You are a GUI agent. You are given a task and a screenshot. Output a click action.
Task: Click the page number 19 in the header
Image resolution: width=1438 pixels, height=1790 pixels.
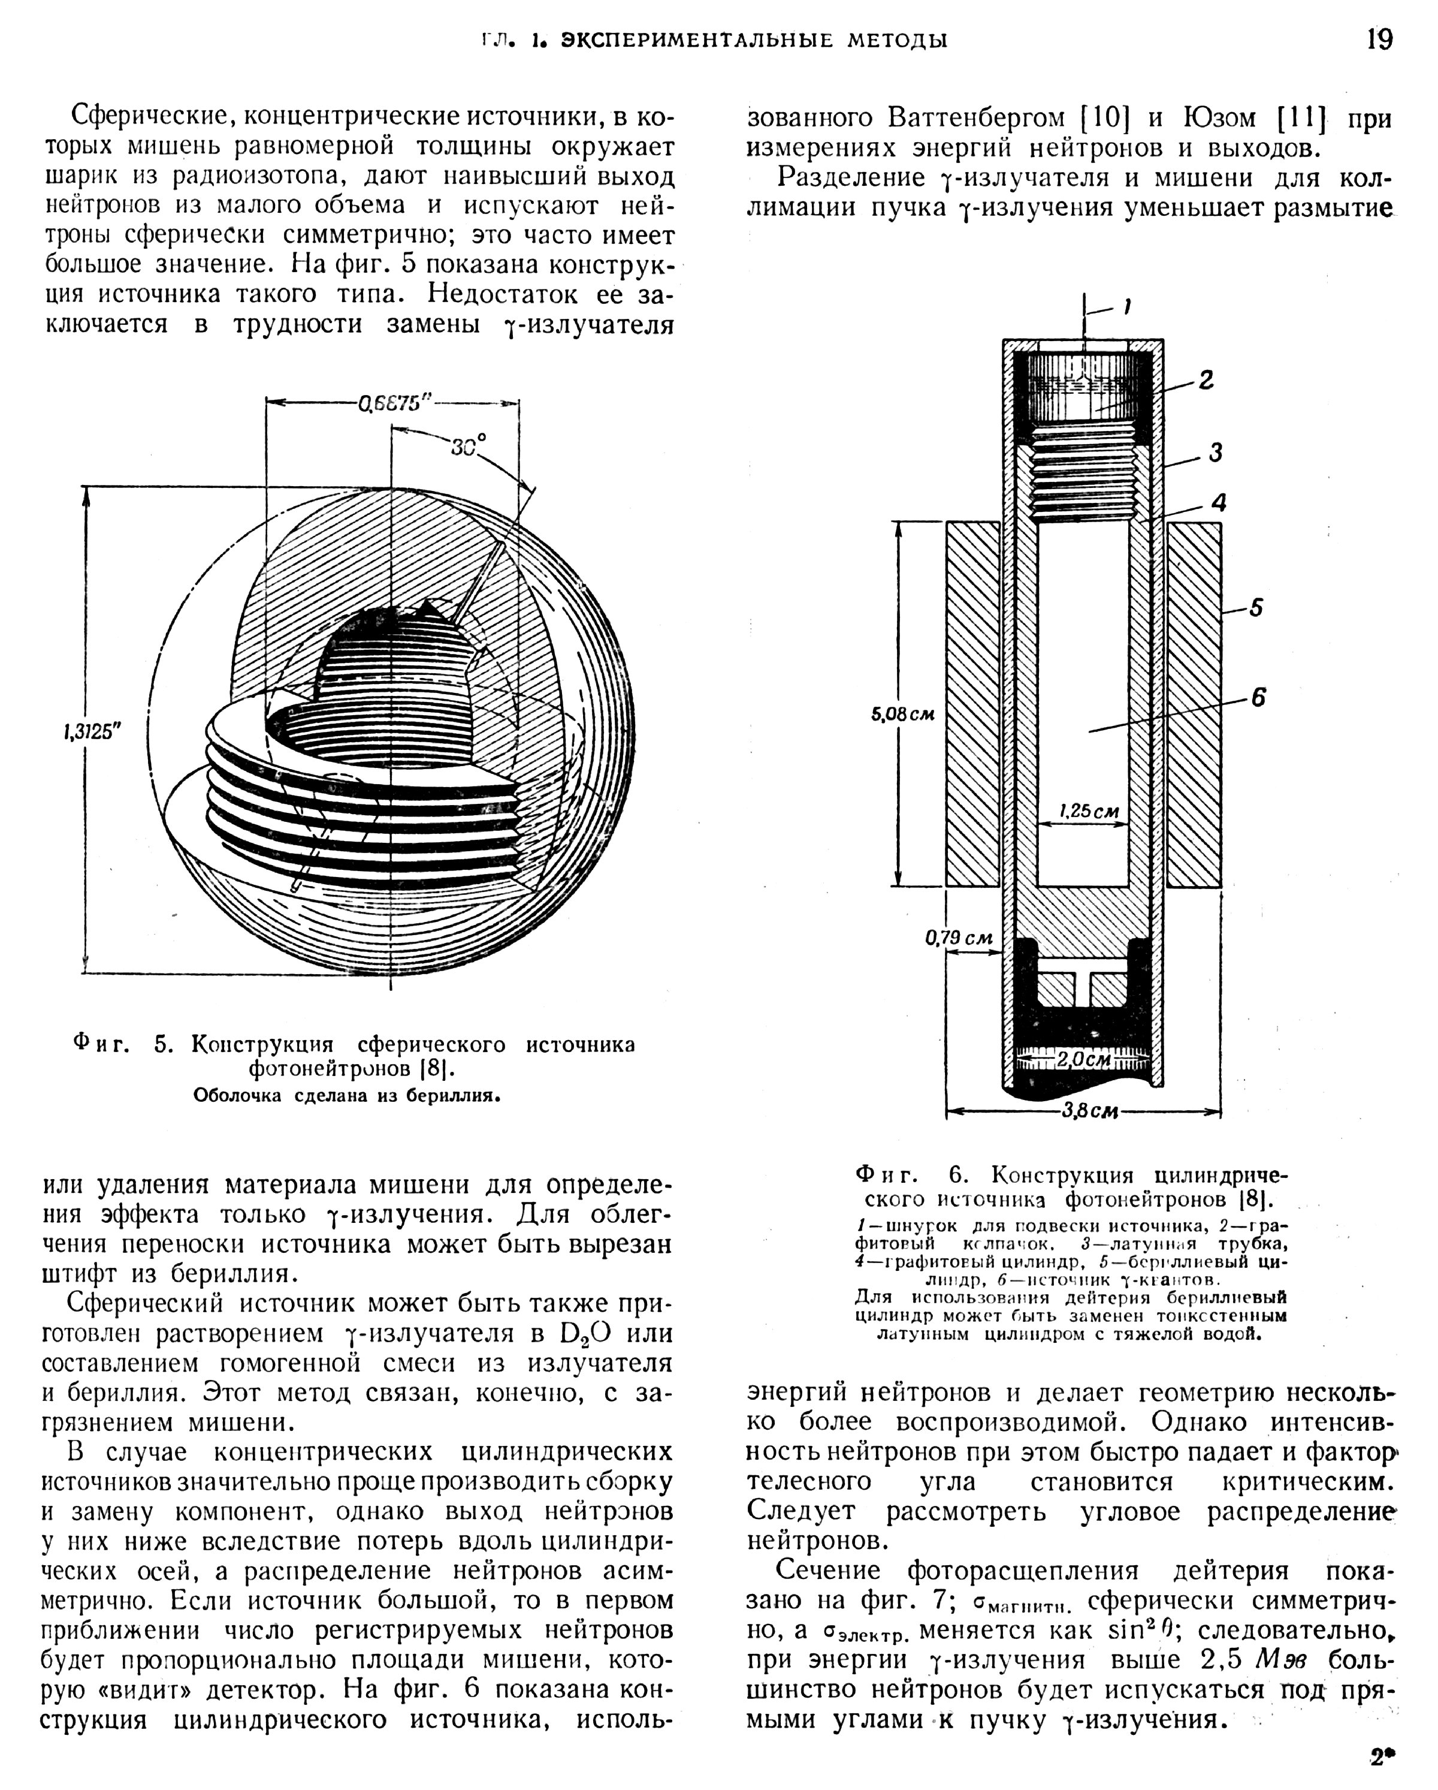click(x=1379, y=39)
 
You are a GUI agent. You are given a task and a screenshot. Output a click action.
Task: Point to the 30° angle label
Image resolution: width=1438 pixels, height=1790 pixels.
click(x=468, y=446)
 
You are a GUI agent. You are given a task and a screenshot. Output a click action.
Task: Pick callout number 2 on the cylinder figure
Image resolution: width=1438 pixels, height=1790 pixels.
click(x=1206, y=380)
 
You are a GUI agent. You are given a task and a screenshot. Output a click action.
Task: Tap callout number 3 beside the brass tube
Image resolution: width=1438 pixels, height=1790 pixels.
click(x=1216, y=453)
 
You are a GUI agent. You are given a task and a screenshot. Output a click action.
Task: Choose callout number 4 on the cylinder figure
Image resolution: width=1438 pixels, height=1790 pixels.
click(x=1218, y=502)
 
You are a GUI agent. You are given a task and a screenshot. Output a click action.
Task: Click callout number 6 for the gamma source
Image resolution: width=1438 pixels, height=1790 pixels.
click(x=1258, y=698)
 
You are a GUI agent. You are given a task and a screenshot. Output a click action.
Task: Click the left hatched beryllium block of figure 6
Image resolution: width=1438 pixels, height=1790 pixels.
click(x=972, y=704)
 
